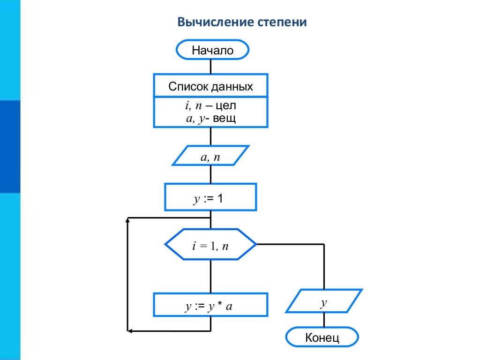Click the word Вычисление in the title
click(216, 22)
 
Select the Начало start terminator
click(212, 50)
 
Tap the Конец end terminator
click(322, 337)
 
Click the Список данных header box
click(210, 86)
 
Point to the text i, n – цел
click(210, 106)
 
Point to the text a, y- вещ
click(210, 118)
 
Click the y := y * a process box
click(210, 307)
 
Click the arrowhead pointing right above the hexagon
click(207, 218)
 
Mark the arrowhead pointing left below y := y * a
click(131, 331)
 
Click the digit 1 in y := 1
click(220, 199)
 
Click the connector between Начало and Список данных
click(210, 66)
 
